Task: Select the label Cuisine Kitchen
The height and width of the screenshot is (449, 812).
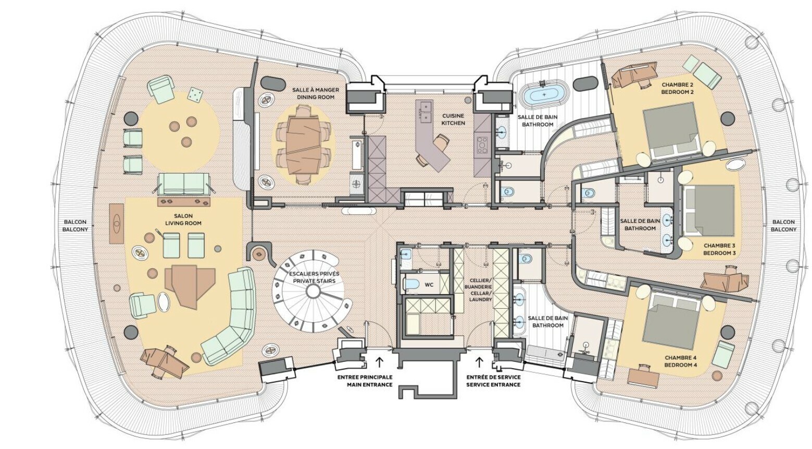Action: pyautogui.click(x=453, y=119)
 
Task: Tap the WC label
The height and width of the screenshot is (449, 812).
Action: pyautogui.click(x=429, y=285)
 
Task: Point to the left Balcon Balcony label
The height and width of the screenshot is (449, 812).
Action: pyautogui.click(x=75, y=225)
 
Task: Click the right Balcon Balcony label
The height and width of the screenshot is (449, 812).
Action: pyautogui.click(x=783, y=225)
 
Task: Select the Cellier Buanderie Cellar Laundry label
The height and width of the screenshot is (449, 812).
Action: pyautogui.click(x=480, y=289)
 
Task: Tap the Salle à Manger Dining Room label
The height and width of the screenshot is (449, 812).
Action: pyautogui.click(x=316, y=93)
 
